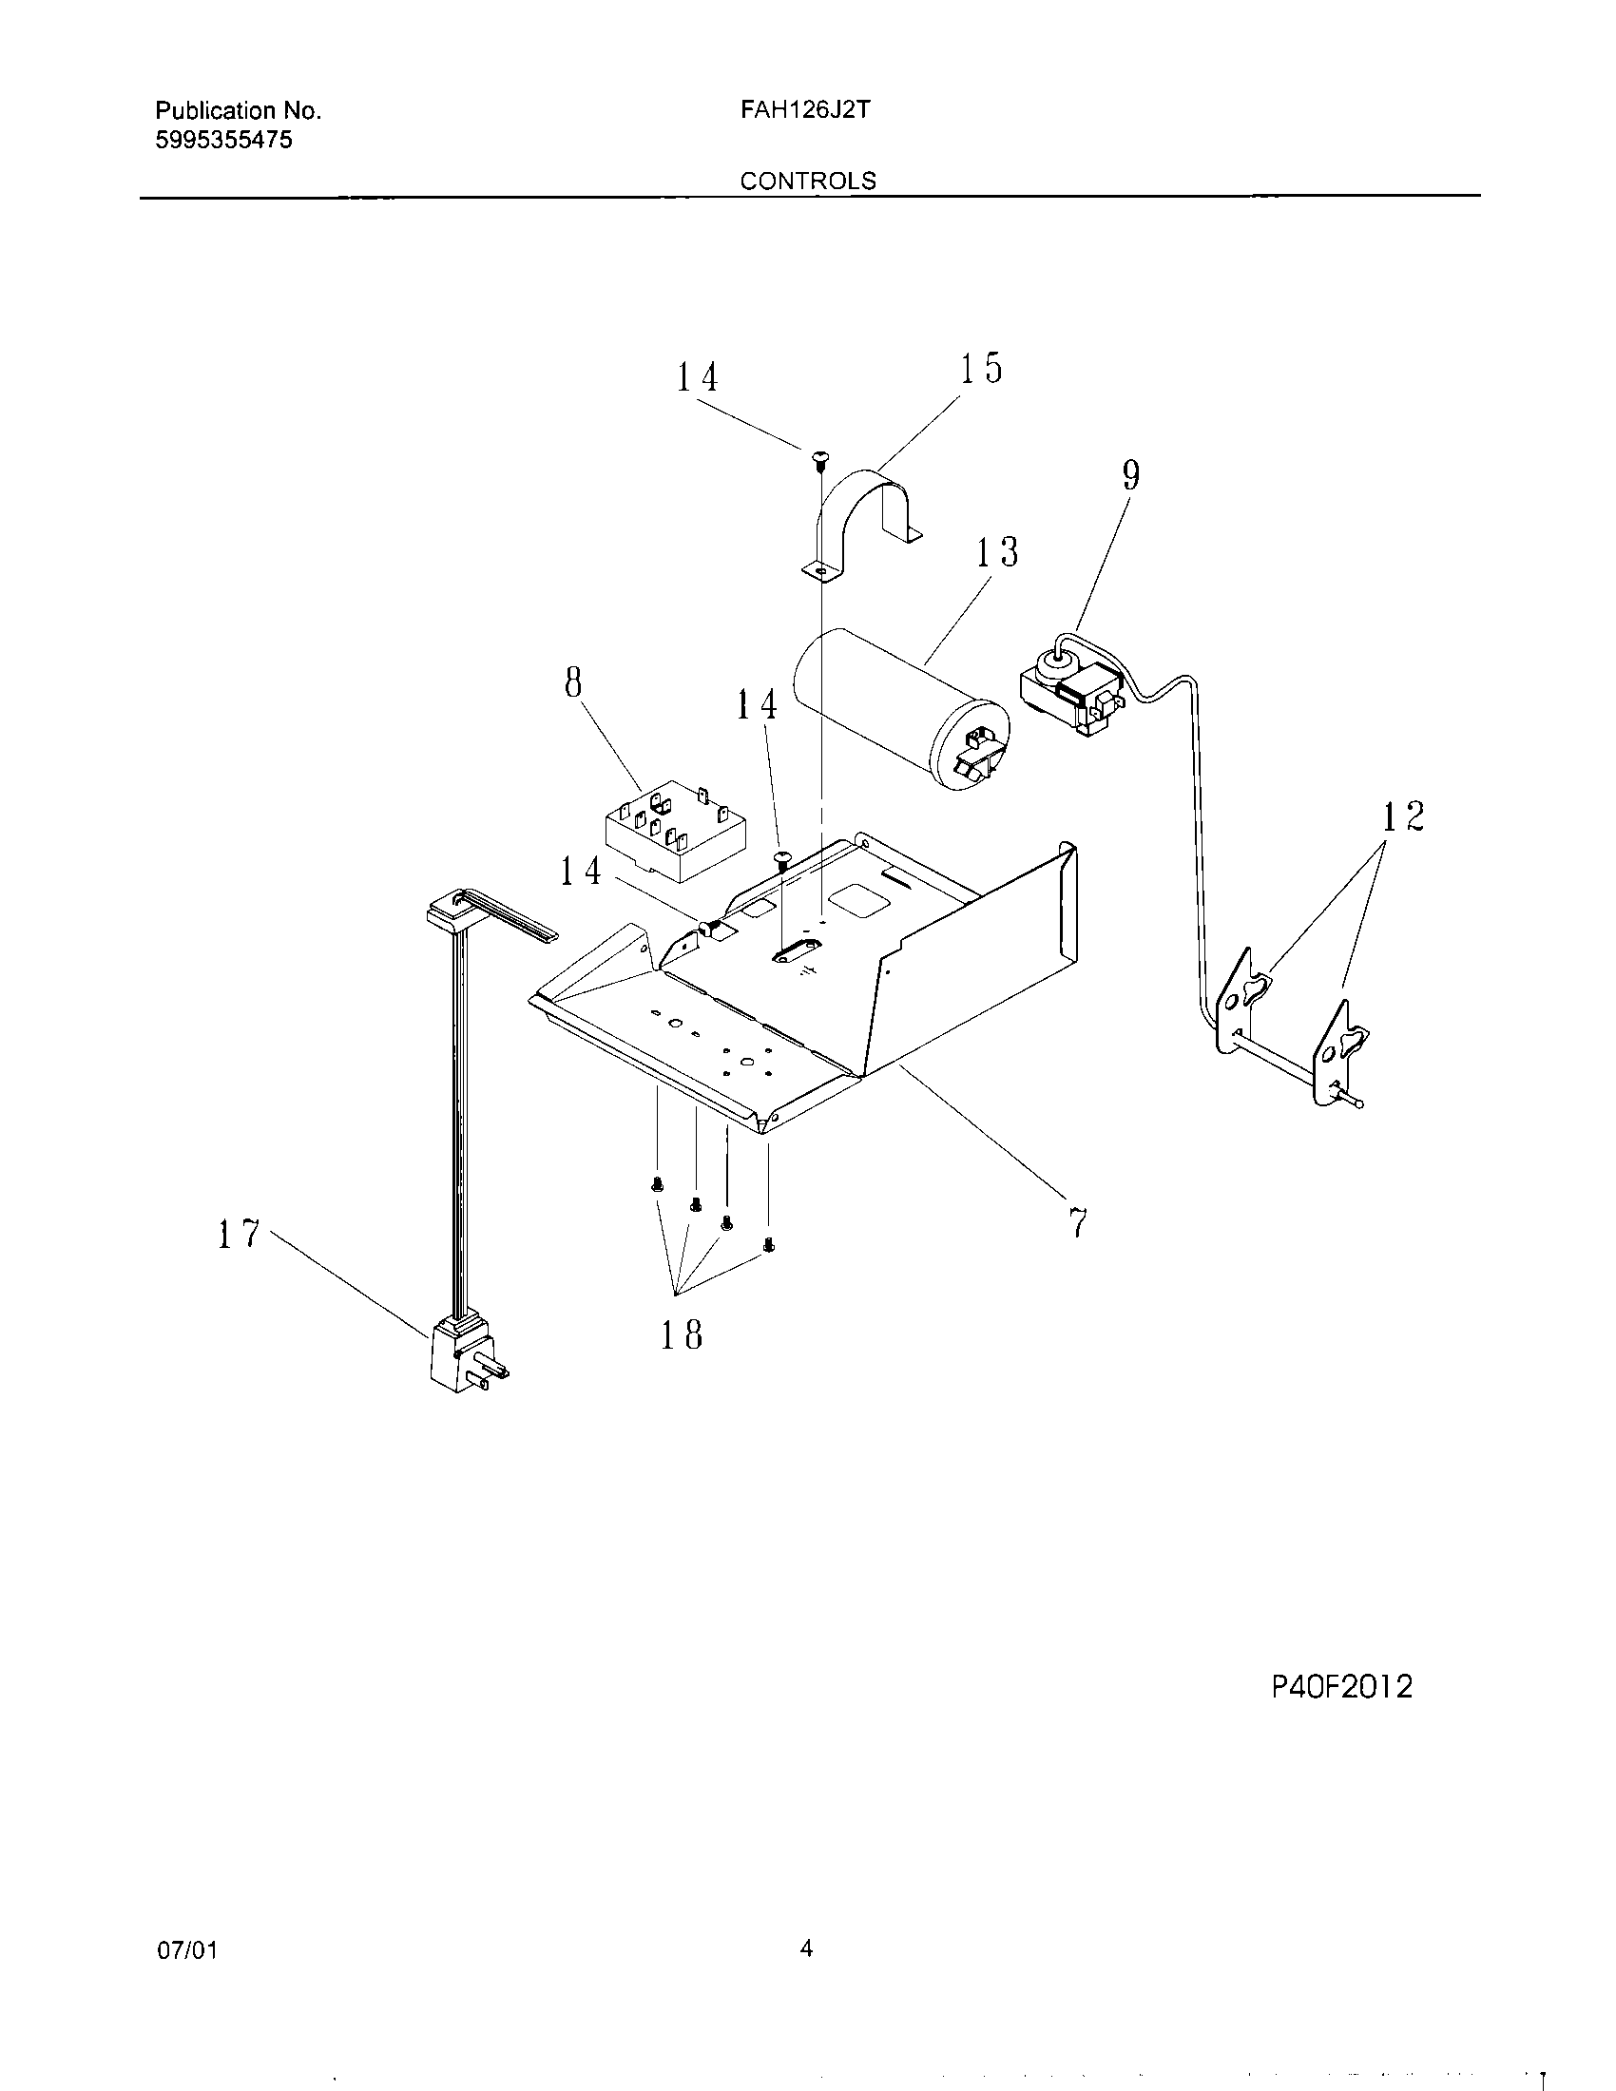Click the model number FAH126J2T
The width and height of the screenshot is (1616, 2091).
tap(804, 110)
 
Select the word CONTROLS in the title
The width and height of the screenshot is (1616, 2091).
tap(808, 181)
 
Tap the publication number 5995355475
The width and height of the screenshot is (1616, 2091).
tap(223, 141)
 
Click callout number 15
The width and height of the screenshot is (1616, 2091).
tap(980, 369)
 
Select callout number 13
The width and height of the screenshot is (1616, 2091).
tap(996, 552)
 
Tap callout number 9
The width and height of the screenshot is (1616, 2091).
tap(1130, 475)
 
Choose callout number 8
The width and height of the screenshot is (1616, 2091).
tap(572, 682)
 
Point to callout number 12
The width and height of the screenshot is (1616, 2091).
tap(1402, 816)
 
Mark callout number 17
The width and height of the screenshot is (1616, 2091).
tap(239, 1234)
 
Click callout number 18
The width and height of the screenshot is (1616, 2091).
tap(682, 1334)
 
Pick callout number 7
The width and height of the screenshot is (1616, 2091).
tap(1078, 1222)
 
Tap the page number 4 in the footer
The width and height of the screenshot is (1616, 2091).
tap(806, 1948)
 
